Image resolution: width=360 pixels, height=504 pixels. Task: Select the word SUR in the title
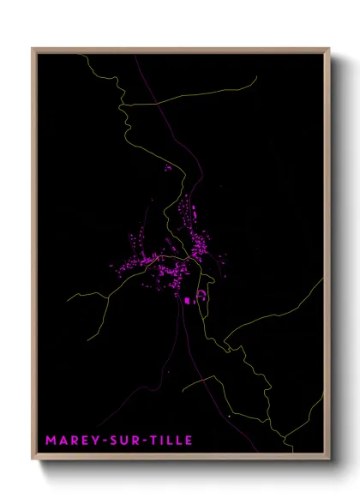[x=119, y=441]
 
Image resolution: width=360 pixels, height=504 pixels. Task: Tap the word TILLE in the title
[x=162, y=441]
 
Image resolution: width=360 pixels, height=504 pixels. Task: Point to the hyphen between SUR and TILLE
[x=139, y=441]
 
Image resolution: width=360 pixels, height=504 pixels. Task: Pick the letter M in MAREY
[x=51, y=441]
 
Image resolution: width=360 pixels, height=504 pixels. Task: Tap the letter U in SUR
[x=119, y=441]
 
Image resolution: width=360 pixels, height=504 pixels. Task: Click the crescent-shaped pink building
[x=202, y=296]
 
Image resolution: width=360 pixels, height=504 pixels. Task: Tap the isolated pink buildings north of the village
[x=168, y=169]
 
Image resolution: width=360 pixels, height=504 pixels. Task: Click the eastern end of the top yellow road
[x=256, y=78]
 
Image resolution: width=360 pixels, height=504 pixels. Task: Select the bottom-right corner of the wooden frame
[x=329, y=460]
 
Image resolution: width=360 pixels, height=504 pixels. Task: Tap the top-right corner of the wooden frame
[x=329, y=49]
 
